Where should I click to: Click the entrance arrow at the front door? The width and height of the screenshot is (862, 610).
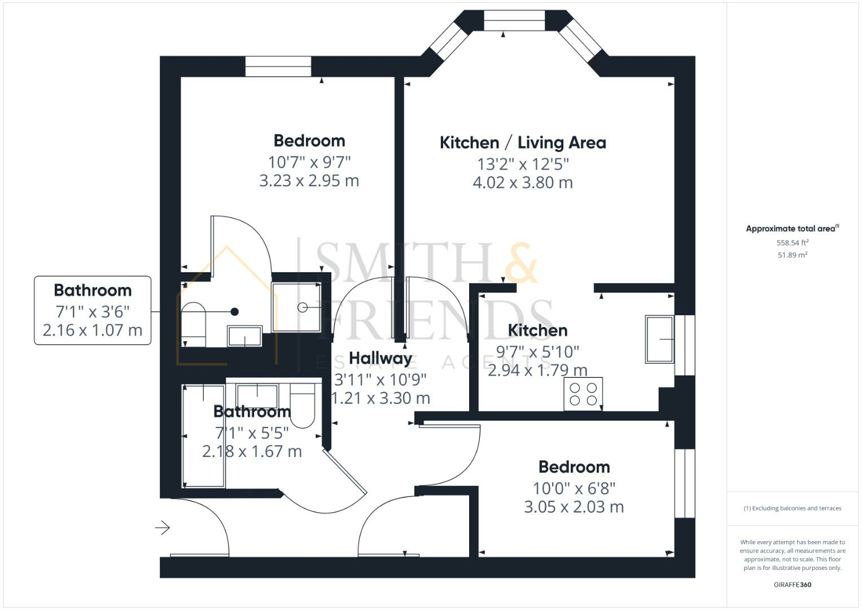tap(163, 528)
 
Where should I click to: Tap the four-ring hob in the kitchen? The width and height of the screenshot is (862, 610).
tap(583, 394)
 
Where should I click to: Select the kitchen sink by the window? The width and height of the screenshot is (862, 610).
tap(659, 339)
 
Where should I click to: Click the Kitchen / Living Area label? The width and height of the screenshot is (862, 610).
tap(523, 143)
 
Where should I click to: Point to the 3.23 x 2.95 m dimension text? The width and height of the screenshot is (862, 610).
tap(309, 181)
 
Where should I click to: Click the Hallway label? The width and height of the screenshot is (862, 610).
tap(380, 358)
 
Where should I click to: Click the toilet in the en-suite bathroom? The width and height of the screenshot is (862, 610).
tap(193, 324)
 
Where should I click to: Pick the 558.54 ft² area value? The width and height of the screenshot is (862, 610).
tap(792, 243)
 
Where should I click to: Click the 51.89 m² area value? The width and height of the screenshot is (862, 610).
tap(792, 255)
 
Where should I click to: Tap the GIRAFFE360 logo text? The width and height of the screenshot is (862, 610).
tap(792, 585)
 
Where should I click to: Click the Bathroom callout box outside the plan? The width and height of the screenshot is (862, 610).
tap(93, 310)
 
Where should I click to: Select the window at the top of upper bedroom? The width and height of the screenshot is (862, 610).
tap(278, 67)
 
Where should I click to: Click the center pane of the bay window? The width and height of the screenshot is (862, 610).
tap(514, 21)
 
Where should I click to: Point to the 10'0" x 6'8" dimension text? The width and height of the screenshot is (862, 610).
tap(574, 488)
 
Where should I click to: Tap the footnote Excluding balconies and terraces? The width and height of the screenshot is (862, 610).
tap(792, 508)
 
